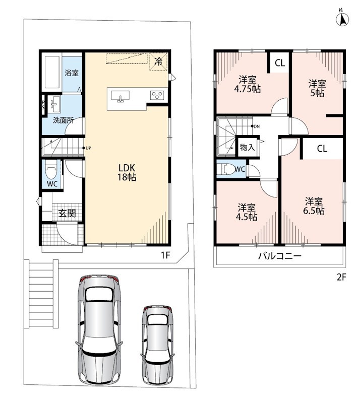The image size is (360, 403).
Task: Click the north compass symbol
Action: point(342,18)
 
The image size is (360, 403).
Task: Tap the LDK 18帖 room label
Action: point(127,172)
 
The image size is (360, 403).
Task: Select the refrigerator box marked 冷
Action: point(158,61)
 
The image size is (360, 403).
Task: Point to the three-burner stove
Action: point(157,95)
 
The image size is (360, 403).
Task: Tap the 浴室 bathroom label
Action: point(72,73)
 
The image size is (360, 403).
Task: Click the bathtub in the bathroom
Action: point(52,72)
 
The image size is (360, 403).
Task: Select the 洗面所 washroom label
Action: point(64,120)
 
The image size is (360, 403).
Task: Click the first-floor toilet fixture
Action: point(51,170)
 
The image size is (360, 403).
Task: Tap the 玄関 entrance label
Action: point(67,213)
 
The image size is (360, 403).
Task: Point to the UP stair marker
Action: point(87,148)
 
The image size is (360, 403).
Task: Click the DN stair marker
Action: point(255,126)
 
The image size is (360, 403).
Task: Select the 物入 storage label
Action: point(247,147)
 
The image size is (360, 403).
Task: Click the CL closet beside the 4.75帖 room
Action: point(280,62)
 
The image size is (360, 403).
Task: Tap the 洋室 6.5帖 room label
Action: point(314,206)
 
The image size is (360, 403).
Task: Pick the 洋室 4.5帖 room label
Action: point(247,212)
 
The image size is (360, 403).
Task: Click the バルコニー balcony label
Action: point(280,256)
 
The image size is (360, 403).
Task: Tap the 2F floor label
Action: point(341,278)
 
